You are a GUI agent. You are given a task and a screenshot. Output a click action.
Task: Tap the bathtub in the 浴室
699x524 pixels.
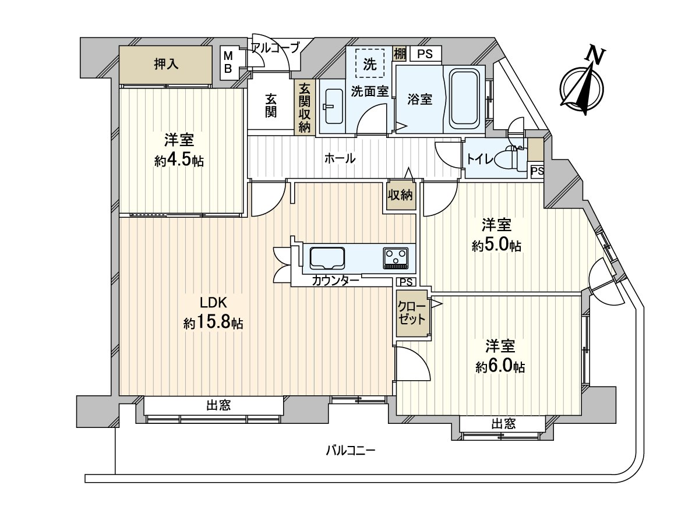(x=464, y=98)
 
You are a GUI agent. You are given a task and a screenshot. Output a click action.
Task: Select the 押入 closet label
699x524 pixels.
(x=166, y=65)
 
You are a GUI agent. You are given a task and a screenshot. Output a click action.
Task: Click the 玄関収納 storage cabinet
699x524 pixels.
(x=305, y=107)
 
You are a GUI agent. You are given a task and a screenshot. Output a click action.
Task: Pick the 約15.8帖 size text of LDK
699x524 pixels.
(x=213, y=324)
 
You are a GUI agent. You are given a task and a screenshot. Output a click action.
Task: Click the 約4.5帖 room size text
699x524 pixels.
(x=179, y=161)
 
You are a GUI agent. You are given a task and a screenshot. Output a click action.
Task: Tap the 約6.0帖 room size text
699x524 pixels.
(x=500, y=367)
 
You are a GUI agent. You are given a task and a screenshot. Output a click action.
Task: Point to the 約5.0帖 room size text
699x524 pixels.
(x=496, y=246)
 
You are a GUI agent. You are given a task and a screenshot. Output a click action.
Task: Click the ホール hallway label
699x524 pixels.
(x=340, y=158)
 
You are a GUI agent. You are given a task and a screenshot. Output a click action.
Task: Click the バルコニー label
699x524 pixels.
(x=351, y=451)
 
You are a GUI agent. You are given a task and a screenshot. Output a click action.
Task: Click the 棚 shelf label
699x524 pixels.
(x=400, y=54)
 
